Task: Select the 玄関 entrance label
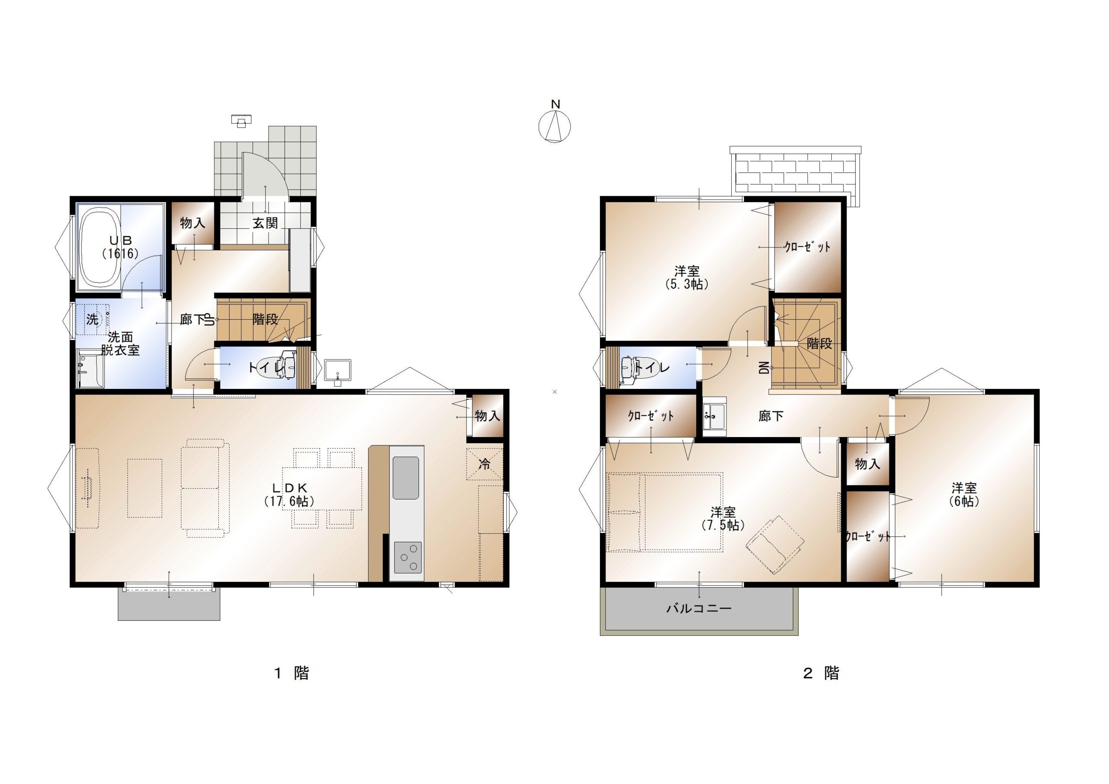265,223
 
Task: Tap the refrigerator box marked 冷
484,464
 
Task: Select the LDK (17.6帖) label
290,494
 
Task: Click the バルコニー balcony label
699,608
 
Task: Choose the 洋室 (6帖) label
964,494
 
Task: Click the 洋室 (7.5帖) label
723,518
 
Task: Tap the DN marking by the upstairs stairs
764,369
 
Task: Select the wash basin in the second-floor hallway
714,416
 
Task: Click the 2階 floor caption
821,673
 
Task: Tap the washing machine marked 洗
92,319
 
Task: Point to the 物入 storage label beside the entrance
193,223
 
